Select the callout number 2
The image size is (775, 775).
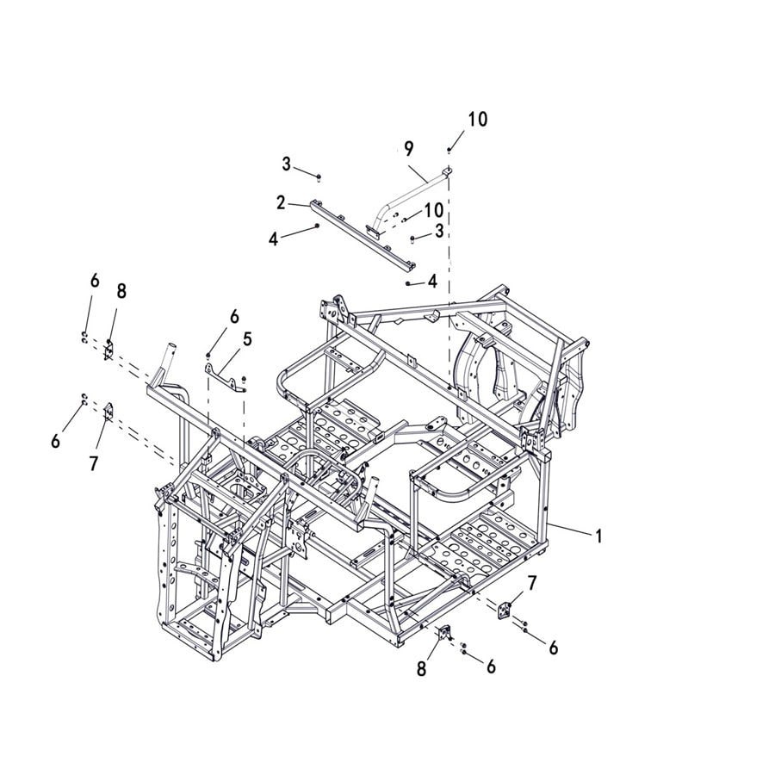pyautogui.click(x=281, y=202)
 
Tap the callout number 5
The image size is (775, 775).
pyautogui.click(x=247, y=338)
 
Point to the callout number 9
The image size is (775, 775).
pyautogui.click(x=408, y=149)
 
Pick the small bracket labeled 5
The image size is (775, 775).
pyautogui.click(x=226, y=375)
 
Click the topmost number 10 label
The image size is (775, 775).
pyautogui.click(x=477, y=119)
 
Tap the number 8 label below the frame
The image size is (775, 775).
pyautogui.click(x=421, y=668)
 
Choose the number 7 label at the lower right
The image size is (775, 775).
pyautogui.click(x=531, y=584)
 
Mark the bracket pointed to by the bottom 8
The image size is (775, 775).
pyautogui.click(x=445, y=635)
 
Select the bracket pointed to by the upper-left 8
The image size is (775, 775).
pyautogui.click(x=109, y=350)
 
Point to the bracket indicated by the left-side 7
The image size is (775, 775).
pyautogui.click(x=108, y=412)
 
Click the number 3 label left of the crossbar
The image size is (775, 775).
pyautogui.click(x=286, y=164)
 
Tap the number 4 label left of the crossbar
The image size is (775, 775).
pyautogui.click(x=273, y=239)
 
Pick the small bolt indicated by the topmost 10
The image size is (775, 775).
pyautogui.click(x=449, y=152)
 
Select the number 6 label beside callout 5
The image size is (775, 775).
pyautogui.click(x=234, y=317)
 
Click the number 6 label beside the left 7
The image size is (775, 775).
pyautogui.click(x=56, y=441)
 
